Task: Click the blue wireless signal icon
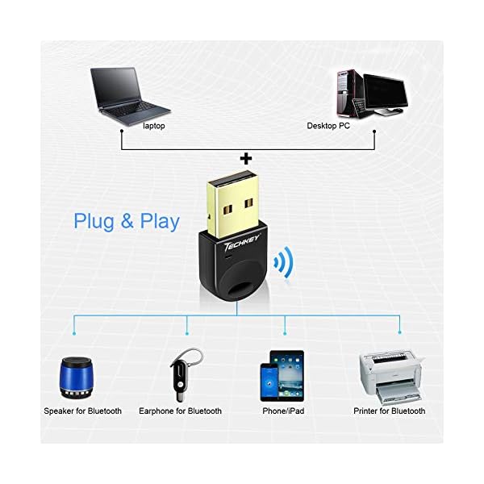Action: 283,262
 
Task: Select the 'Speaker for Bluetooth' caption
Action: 82,411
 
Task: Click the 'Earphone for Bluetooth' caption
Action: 180,411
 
